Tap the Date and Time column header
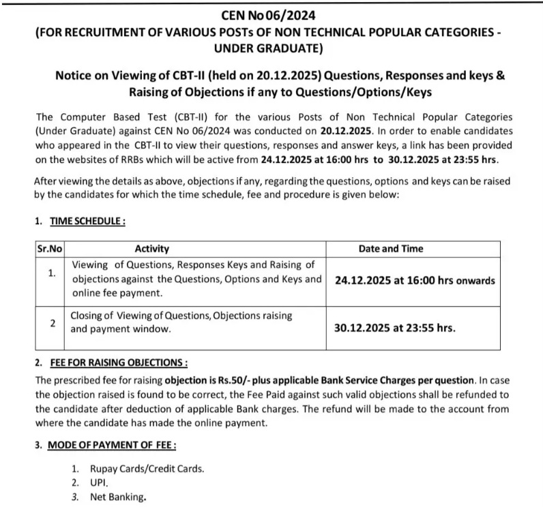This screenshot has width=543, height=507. click(x=391, y=249)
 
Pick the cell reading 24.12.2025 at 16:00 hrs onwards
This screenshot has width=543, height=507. click(x=415, y=280)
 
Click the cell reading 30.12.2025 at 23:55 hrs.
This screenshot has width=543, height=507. click(x=394, y=327)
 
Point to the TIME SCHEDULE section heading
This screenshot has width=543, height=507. click(x=87, y=221)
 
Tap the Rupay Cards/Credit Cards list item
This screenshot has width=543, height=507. click(x=147, y=469)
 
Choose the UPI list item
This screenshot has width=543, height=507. click(x=100, y=483)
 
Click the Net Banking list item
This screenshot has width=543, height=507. click(x=118, y=497)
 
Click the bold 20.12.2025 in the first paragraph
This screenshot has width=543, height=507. click(x=387, y=131)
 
